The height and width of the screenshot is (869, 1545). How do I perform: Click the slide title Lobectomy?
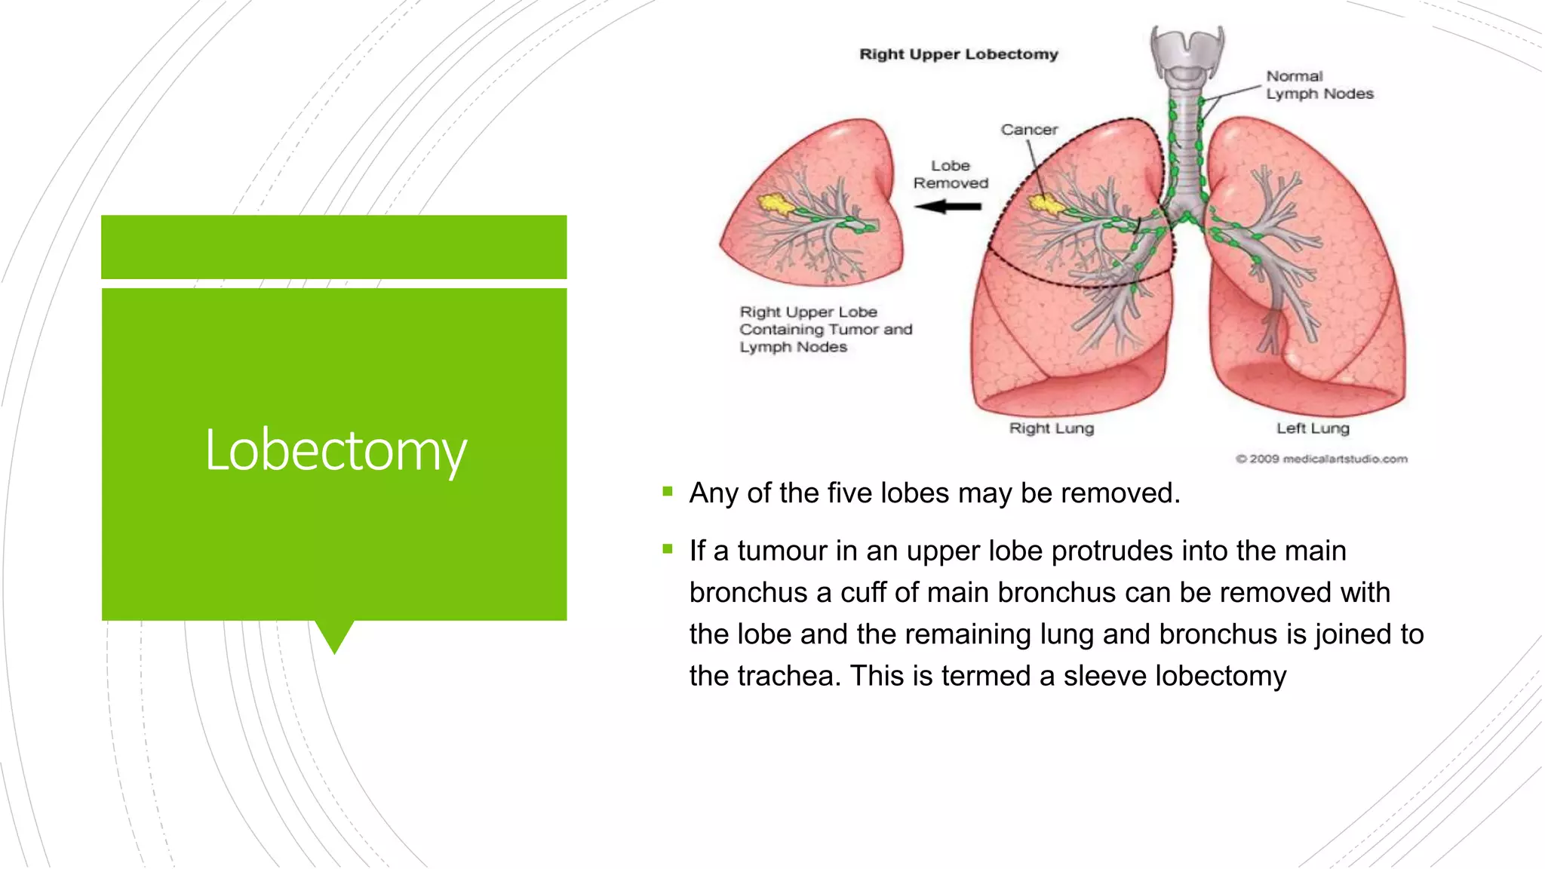point(336,450)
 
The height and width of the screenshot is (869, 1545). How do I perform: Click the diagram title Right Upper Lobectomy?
point(958,54)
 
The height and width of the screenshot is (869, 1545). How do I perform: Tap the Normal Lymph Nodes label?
point(1319,85)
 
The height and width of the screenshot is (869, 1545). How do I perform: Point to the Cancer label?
point(1029,130)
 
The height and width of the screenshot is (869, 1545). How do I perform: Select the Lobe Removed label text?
point(951,174)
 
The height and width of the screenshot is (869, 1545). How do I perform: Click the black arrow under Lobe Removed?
point(948,207)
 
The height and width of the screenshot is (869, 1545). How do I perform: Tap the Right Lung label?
point(1051,428)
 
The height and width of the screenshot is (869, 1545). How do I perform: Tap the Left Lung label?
point(1312,428)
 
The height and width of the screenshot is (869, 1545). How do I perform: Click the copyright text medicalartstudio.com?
point(1321,459)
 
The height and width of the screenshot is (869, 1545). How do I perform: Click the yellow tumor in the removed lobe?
point(774,203)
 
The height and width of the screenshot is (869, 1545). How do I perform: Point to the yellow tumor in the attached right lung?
point(1046,203)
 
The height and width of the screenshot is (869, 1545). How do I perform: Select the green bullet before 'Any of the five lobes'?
point(667,492)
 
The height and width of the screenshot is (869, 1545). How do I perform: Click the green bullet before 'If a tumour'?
point(667,549)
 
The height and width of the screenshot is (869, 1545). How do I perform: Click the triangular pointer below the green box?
point(334,635)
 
